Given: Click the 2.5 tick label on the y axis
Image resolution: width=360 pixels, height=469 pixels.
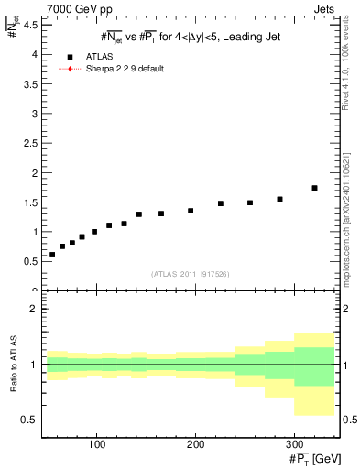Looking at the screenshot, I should point(33,143).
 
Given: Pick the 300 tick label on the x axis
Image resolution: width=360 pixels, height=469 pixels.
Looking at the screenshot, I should point(293,442).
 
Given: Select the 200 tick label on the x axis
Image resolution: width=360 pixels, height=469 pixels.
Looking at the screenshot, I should point(195,442).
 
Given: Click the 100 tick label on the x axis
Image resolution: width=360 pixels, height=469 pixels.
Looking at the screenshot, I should point(97,442).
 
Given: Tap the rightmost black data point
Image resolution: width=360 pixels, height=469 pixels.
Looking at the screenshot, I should point(314,188).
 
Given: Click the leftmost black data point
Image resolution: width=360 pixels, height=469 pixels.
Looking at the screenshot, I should point(52,255).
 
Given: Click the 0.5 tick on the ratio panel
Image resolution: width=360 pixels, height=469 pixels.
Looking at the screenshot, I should point(33,420).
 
